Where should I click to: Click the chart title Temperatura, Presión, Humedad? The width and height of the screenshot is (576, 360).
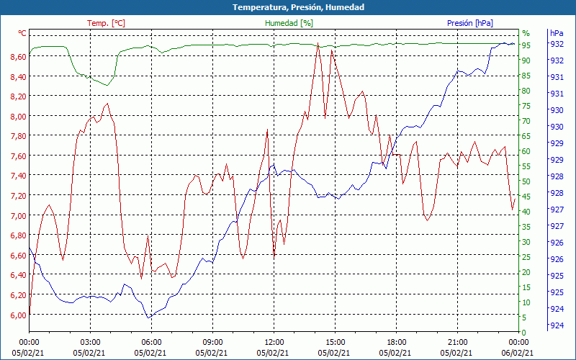(288, 7)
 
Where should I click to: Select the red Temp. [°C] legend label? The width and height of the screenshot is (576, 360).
(106, 23)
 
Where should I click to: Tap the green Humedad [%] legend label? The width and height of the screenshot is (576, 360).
(289, 23)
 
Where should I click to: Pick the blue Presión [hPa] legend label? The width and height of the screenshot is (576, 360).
(469, 23)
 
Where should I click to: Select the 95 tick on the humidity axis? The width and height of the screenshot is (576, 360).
(526, 45)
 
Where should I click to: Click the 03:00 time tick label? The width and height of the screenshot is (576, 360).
(90, 341)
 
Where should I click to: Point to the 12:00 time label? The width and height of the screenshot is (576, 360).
(274, 341)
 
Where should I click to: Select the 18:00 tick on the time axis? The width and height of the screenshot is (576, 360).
(396, 341)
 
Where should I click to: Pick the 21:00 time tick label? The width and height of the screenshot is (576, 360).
(457, 341)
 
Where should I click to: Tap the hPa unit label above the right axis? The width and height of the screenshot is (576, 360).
(557, 33)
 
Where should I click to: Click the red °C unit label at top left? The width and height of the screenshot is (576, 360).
(22, 33)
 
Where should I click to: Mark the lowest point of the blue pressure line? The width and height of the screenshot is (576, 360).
(149, 318)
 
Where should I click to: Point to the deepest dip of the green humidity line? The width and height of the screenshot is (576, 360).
(107, 86)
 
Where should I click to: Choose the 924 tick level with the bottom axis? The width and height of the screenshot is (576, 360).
(557, 325)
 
